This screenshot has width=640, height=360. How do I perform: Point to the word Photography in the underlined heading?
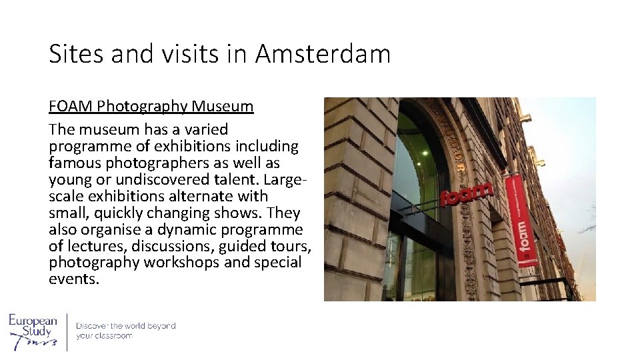pos(141,106)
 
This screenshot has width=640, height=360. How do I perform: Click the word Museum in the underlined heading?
pos(223,106)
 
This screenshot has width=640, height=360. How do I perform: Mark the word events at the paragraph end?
pos(73,279)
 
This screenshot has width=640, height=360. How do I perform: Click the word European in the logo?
pos(33,321)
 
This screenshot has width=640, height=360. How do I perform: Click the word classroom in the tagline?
pos(114,336)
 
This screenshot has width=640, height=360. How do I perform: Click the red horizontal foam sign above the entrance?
pos(467,195)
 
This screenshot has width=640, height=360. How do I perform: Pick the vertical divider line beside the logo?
pos(67,331)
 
